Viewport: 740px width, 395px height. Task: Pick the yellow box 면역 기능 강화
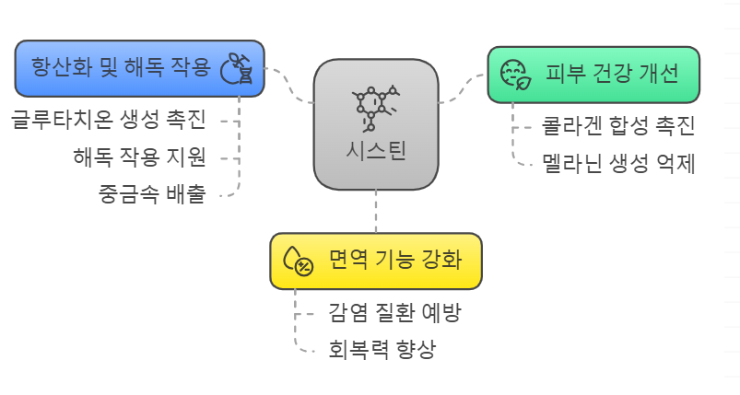point(375,261)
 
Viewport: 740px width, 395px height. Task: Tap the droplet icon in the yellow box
point(297,261)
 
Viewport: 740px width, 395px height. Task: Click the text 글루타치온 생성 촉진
point(108,120)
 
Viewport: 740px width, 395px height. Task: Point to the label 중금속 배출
point(152,193)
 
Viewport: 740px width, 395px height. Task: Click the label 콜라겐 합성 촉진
point(618,126)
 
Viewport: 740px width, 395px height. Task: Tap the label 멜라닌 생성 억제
point(618,164)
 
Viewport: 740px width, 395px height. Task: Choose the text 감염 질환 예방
point(394,312)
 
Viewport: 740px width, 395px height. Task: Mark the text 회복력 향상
point(382,350)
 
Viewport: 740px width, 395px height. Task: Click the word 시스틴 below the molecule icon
point(375,152)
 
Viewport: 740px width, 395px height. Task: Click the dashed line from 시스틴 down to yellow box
point(376,212)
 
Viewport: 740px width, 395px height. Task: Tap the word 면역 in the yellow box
point(346,261)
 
